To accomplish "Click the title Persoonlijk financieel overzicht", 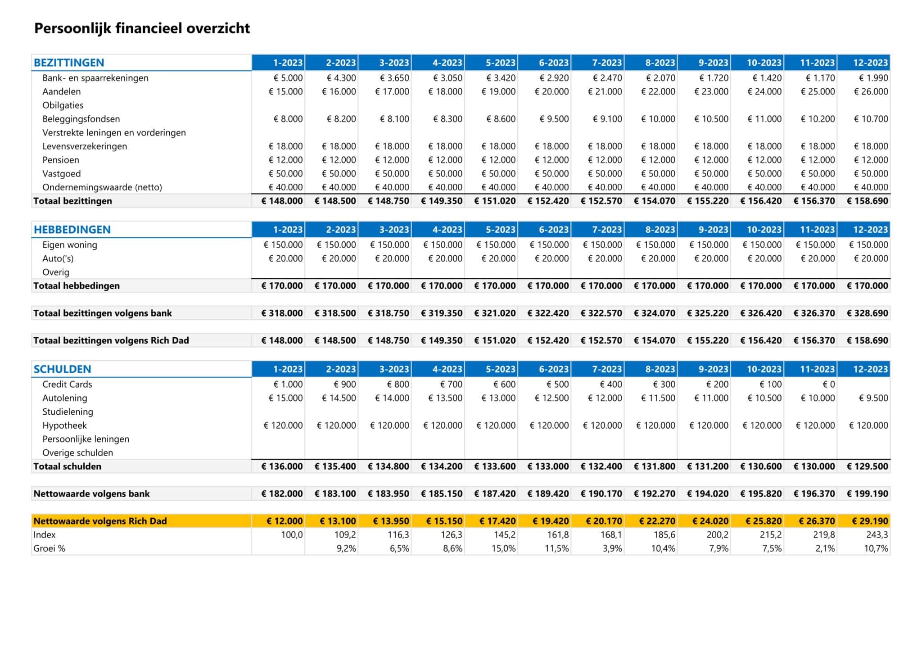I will click(142, 28).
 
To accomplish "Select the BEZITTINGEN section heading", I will click(69, 63).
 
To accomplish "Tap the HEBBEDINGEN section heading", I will click(72, 230).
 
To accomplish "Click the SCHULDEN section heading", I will click(62, 369).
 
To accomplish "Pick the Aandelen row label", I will click(62, 91).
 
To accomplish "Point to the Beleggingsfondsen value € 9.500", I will click(554, 119).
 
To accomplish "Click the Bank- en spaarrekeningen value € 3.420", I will click(501, 78).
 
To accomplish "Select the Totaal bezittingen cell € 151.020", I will click(495, 201).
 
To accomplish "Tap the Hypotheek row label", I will click(64, 426).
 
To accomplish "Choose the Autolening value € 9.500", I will click(873, 398).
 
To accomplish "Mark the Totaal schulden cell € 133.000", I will click(548, 466).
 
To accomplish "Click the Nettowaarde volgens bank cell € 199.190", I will click(867, 494).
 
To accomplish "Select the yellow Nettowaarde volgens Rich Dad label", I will click(100, 521).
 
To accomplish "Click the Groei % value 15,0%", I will click(503, 548).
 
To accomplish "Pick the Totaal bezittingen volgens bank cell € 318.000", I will click(282, 313).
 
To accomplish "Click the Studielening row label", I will click(68, 412).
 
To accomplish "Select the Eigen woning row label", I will click(70, 245).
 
